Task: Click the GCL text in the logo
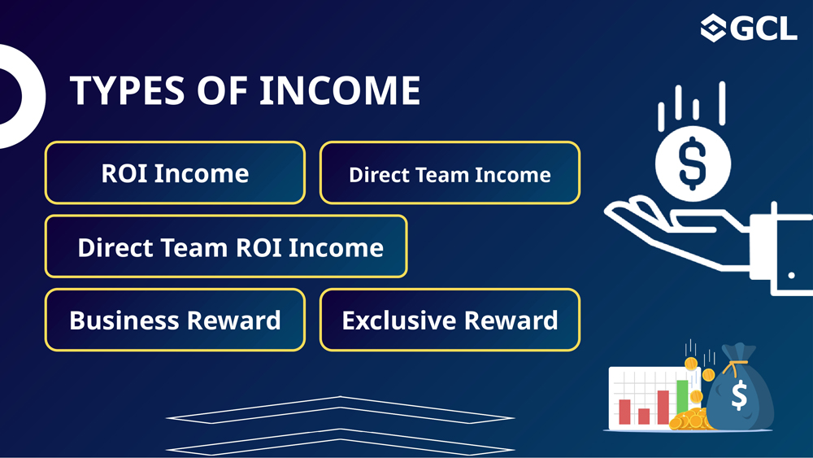click(766, 28)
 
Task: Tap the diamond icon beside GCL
click(713, 28)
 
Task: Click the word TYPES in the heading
click(127, 91)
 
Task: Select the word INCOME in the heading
click(340, 91)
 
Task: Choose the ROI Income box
click(176, 172)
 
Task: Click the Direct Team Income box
click(450, 172)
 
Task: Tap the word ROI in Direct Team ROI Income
click(258, 247)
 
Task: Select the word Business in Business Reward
click(124, 320)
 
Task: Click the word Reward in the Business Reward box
click(234, 320)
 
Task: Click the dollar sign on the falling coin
click(693, 164)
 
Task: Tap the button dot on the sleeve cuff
click(791, 276)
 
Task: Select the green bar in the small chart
click(682, 397)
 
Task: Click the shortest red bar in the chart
click(644, 416)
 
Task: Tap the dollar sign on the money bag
click(739, 395)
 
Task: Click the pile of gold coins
click(690, 420)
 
